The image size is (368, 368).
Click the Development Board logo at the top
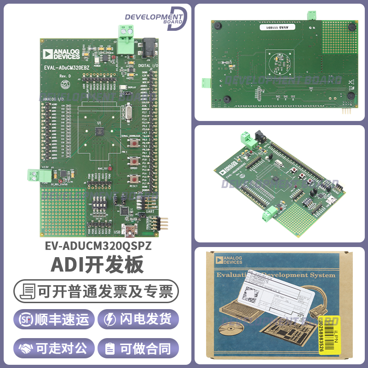click(x=155, y=18)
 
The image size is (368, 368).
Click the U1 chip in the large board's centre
click(x=98, y=132)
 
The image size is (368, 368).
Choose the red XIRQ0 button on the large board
click(x=134, y=161)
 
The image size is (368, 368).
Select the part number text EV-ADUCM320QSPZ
click(x=98, y=247)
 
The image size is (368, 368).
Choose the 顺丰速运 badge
click(x=54, y=319)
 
